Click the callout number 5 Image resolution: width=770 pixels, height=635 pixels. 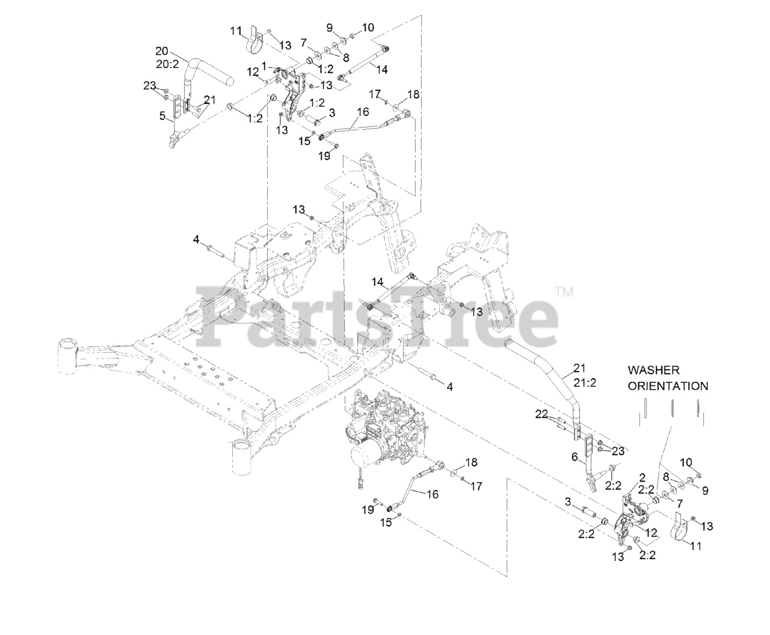click(x=162, y=116)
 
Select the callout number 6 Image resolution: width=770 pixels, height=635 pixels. click(x=574, y=458)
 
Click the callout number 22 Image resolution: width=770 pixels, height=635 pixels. click(x=542, y=414)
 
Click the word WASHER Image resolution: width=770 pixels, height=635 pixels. click(x=654, y=370)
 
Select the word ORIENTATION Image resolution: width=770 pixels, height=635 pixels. click(x=668, y=385)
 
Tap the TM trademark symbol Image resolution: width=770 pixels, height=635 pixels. click(x=564, y=292)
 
